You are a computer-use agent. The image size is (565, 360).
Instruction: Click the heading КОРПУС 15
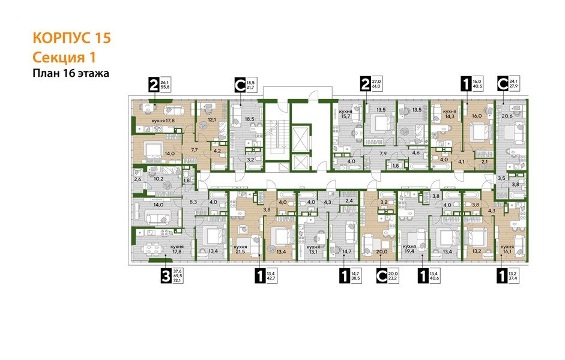[71, 38]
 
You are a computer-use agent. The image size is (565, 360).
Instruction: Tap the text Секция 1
[63, 57]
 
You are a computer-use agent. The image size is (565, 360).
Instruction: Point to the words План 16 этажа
[71, 73]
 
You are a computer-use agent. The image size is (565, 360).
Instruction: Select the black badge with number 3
[165, 276]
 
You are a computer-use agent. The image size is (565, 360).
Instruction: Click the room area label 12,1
[212, 119]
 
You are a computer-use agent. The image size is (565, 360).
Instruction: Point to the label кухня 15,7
[345, 115]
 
